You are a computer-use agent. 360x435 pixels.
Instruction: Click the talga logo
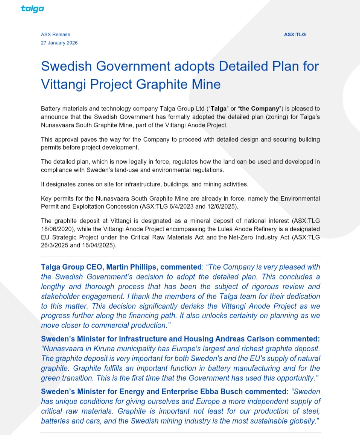coord(32,9)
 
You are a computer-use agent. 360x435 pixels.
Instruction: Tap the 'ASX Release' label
coord(55,34)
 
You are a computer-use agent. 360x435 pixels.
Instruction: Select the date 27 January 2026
coord(59,43)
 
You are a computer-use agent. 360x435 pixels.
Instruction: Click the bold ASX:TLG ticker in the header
coord(295,34)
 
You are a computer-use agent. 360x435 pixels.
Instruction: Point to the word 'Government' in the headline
coord(133,66)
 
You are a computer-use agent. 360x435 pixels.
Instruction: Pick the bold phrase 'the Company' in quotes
coord(259,109)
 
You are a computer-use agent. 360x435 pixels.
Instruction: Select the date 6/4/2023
coord(181,207)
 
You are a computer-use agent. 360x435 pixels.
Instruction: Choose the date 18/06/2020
coord(56,229)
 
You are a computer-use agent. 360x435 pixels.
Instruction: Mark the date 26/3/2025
coord(55,245)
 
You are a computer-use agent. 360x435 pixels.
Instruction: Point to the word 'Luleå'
coord(224,229)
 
